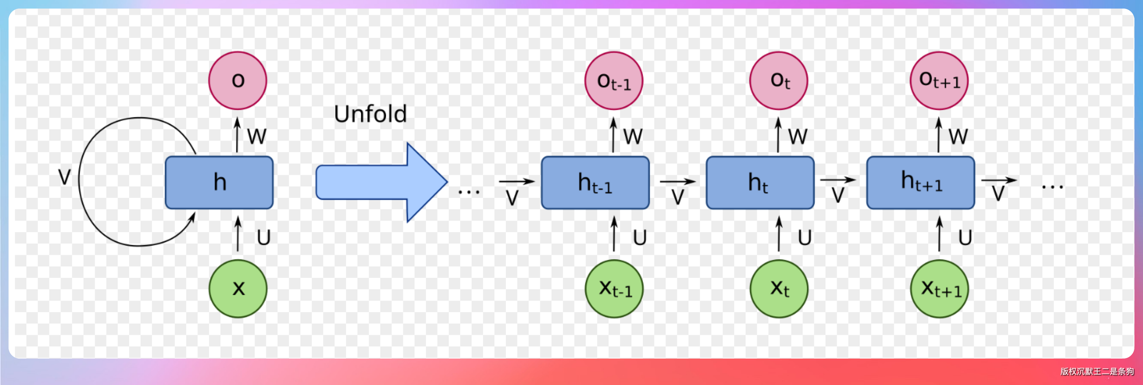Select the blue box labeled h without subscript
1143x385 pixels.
point(219,182)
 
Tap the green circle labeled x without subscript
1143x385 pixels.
point(238,289)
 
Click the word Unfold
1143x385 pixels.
point(370,114)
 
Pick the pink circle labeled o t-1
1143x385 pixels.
point(614,80)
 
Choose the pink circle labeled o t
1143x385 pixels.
point(779,80)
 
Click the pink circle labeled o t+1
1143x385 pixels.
point(939,80)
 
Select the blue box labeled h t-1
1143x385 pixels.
point(595,182)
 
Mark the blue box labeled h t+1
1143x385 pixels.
point(920,182)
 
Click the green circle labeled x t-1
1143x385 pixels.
point(614,289)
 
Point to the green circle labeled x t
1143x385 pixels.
point(779,289)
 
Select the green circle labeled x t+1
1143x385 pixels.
point(939,289)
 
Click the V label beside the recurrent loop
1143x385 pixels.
point(64,177)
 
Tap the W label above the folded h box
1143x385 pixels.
point(257,136)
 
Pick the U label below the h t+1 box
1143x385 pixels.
point(965,237)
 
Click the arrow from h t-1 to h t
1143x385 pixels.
point(677,181)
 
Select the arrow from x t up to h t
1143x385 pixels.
point(779,234)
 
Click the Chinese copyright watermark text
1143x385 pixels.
point(1097,371)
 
